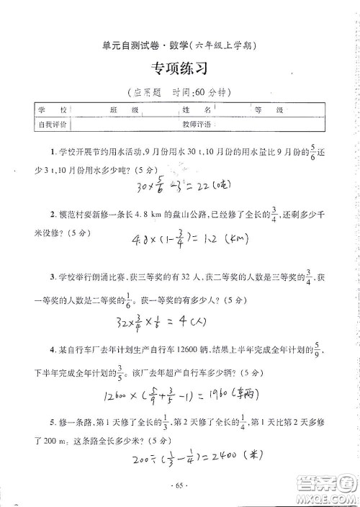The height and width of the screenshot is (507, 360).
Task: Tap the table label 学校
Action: point(50,110)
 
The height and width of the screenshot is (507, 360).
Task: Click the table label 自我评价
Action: point(50,124)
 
